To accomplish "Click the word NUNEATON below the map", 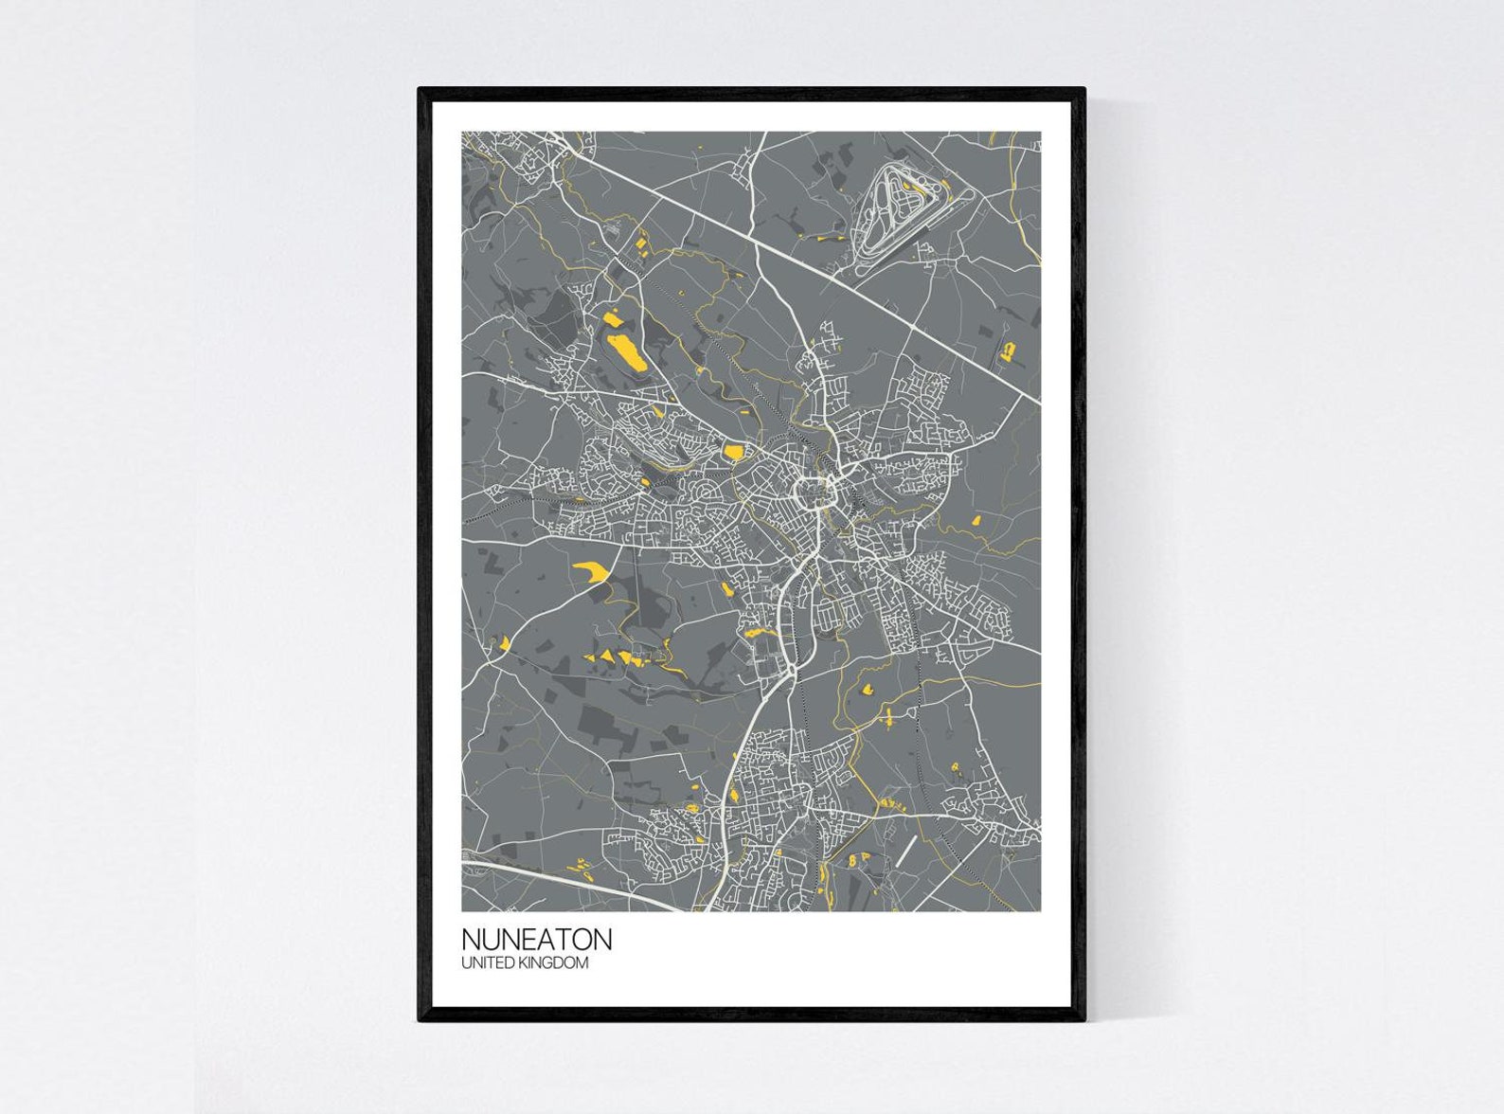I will (x=536, y=939).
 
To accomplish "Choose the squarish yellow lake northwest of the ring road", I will (x=733, y=452).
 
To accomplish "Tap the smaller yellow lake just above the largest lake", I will (x=612, y=319).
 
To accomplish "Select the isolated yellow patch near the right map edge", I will (x=1008, y=352).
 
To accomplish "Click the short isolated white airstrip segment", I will (x=907, y=851).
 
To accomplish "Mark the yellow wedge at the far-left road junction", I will (x=505, y=644).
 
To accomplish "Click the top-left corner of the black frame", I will (x=421, y=90).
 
